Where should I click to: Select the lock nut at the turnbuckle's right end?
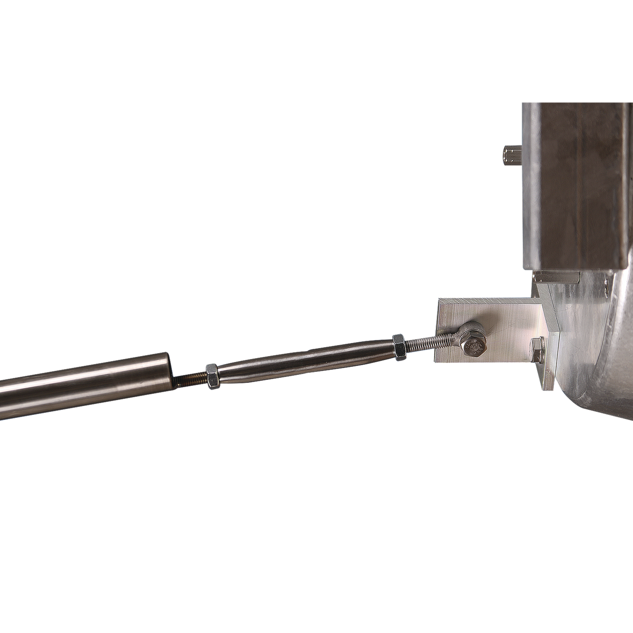click(x=399, y=344)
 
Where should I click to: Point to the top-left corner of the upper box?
click(x=522, y=103)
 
